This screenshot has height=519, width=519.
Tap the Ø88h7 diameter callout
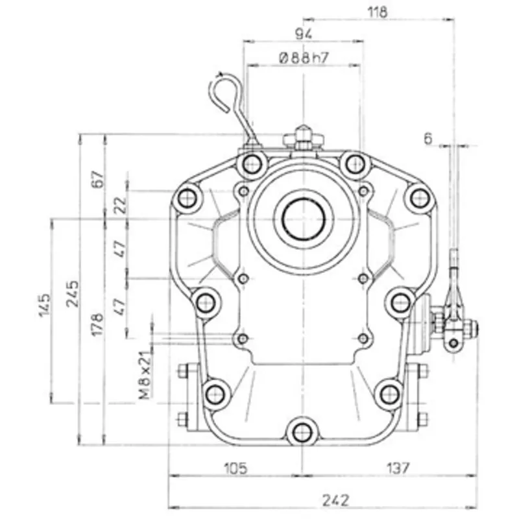[x=303, y=57]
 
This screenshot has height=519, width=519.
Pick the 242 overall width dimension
[x=335, y=500]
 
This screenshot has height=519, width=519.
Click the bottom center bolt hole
[x=300, y=431]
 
